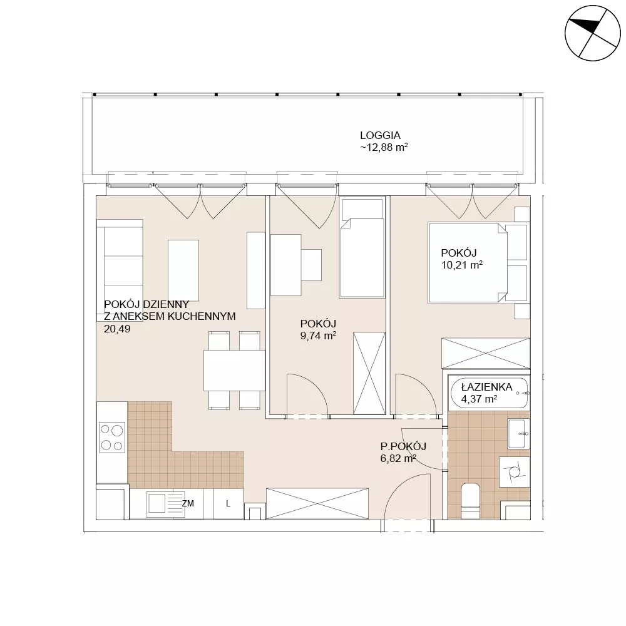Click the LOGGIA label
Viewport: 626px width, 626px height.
click(380, 135)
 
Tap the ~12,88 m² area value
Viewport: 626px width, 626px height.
click(384, 147)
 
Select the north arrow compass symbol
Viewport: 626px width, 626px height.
click(592, 33)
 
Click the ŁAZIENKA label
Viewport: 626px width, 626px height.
click(486, 387)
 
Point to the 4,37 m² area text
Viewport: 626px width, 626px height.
click(479, 399)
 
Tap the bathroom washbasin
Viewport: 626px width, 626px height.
click(518, 434)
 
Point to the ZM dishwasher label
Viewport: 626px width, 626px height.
click(188, 504)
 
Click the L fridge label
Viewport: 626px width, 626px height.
click(228, 504)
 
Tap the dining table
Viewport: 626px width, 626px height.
click(234, 371)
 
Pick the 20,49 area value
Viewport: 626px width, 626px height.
click(117, 329)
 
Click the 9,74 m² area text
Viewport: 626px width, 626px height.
click(318, 336)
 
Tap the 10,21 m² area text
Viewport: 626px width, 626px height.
click(462, 265)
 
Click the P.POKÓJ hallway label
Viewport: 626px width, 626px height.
click(403, 446)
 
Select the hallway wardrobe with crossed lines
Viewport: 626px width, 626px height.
click(317, 503)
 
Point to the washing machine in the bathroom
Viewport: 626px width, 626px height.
click(515, 471)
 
